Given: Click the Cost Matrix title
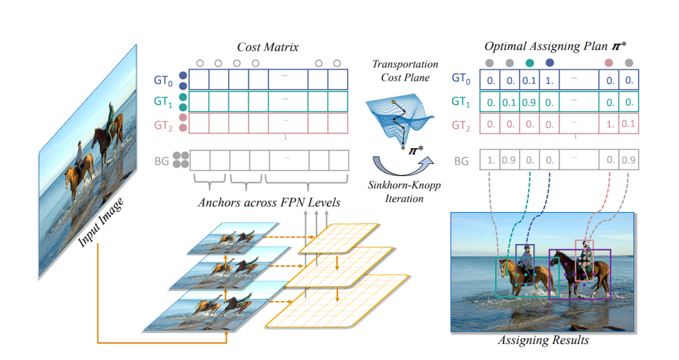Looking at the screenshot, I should [x=268, y=47].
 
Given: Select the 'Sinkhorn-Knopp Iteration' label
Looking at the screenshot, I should [x=405, y=193].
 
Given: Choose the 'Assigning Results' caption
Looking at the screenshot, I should [x=543, y=340].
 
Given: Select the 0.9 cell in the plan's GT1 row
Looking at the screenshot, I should [x=530, y=102].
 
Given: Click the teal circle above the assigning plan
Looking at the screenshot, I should [x=530, y=63].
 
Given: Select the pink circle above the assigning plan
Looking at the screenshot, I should [x=609, y=63].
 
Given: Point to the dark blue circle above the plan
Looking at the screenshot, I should [x=550, y=63].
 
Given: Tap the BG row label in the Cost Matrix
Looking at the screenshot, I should [x=161, y=160].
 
